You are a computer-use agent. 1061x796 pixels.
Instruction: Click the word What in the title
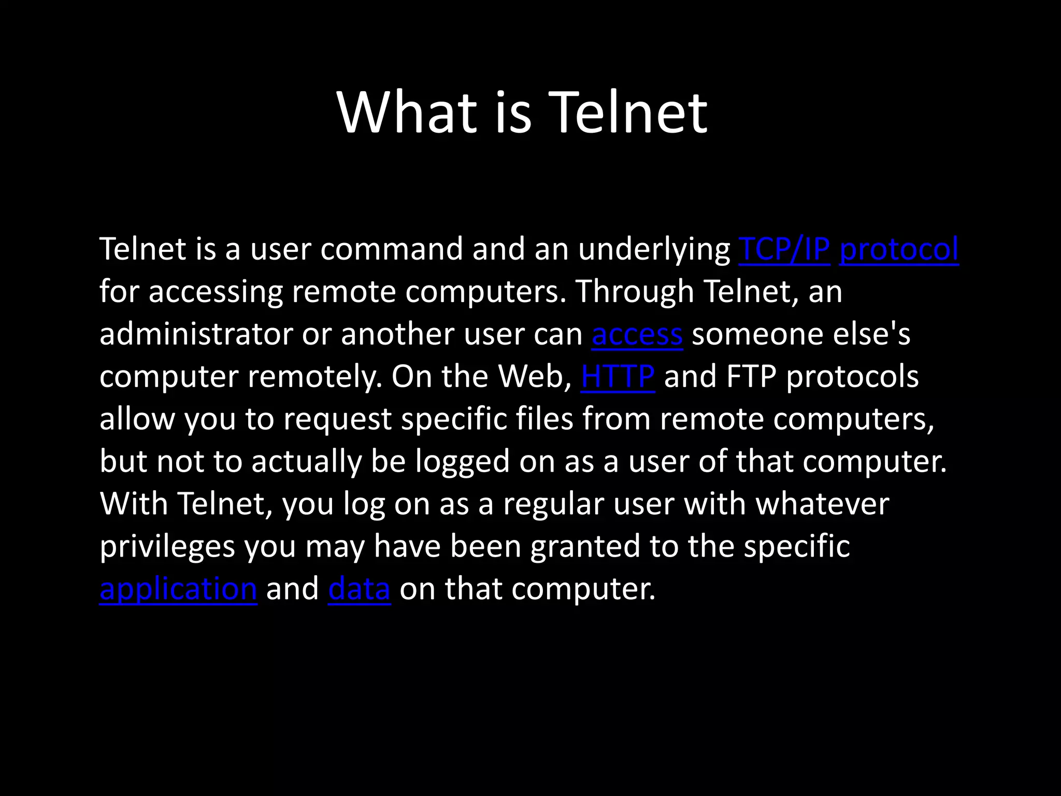point(407,112)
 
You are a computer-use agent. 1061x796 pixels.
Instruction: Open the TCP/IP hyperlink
point(784,249)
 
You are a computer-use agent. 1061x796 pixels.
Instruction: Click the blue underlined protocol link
point(899,249)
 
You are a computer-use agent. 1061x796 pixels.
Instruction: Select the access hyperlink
point(637,334)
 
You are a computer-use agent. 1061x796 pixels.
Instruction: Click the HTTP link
point(618,377)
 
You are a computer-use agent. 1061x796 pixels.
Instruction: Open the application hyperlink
point(178,589)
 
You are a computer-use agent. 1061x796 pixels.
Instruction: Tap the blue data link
point(359,589)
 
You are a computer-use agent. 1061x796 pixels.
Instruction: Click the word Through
point(635,292)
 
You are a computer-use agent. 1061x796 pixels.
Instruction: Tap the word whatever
point(822,504)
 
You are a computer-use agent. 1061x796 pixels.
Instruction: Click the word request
point(337,419)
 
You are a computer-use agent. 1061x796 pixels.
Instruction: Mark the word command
point(391,249)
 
